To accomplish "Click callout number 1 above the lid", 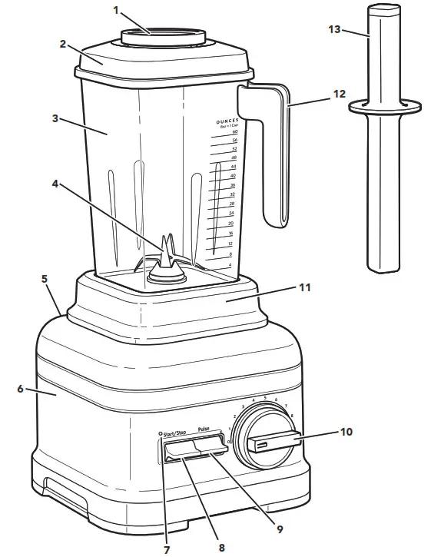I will tap(117, 11).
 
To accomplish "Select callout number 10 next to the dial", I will tap(346, 432).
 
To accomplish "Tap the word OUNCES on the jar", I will tap(227, 121).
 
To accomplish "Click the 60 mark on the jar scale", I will tap(234, 132).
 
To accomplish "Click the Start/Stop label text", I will tap(175, 433).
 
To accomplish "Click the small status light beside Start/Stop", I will tap(159, 433).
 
